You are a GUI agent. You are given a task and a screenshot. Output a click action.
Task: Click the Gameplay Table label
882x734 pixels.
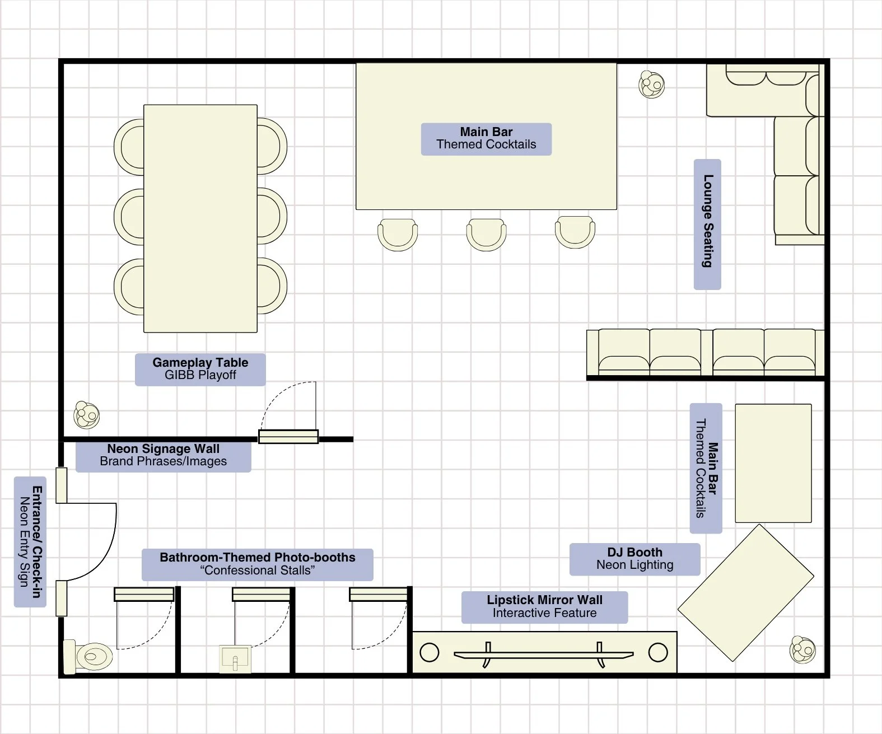(x=200, y=369)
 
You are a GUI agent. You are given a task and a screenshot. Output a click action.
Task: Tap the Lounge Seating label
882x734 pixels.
(x=707, y=224)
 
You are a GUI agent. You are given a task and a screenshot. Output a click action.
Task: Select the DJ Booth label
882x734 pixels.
(x=634, y=559)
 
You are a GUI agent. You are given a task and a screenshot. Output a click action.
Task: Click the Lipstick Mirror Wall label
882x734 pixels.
(x=544, y=607)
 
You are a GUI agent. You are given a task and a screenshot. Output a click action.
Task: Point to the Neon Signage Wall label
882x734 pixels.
(x=163, y=455)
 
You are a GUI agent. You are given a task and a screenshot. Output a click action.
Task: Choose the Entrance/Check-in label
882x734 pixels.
(x=30, y=542)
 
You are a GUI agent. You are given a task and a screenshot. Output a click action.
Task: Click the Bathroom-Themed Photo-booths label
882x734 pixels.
(x=257, y=564)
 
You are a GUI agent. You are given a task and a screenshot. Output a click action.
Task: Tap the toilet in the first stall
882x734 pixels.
(x=88, y=657)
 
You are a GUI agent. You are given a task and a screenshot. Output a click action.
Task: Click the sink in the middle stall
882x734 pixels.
(x=235, y=659)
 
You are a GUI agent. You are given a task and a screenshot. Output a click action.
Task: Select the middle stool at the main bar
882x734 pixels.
(x=486, y=235)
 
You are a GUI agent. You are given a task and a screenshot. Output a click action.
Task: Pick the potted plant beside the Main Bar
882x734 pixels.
(x=651, y=85)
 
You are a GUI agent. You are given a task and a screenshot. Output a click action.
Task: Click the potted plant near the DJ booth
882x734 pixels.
(x=802, y=649)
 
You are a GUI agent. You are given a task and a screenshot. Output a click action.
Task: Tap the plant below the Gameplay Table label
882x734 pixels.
(x=87, y=415)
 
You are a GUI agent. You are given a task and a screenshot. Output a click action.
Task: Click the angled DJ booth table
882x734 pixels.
(x=745, y=593)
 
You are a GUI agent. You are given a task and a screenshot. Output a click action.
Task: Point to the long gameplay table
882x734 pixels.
(x=200, y=218)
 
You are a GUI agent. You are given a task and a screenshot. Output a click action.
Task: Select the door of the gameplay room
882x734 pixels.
(x=288, y=436)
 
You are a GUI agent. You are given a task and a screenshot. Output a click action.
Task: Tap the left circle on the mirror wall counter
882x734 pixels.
(x=429, y=652)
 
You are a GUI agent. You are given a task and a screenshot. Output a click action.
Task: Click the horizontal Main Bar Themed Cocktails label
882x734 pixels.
(x=486, y=139)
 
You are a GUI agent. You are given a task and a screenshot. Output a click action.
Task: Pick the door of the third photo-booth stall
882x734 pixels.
(x=379, y=595)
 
